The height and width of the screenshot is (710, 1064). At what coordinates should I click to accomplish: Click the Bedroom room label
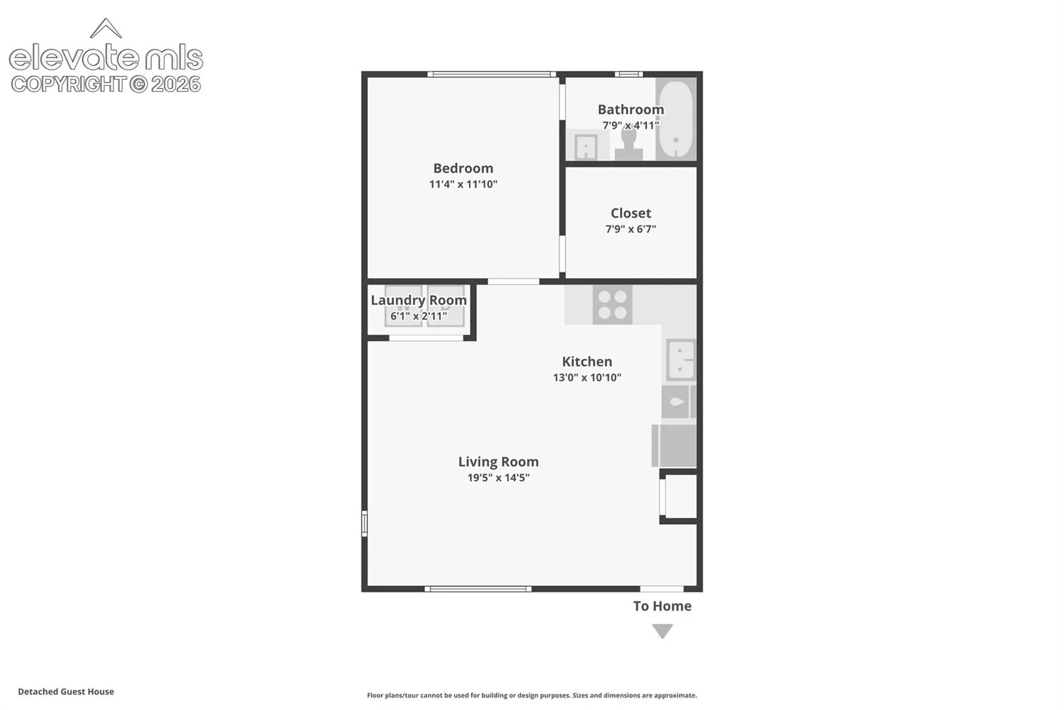(463, 168)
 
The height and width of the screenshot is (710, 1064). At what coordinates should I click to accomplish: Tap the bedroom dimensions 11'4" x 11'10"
(463, 184)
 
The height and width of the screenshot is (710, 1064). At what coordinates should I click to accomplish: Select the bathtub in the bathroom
(676, 119)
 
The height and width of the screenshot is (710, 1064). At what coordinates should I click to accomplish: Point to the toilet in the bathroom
(629, 143)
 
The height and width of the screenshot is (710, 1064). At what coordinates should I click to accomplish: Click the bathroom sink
(586, 147)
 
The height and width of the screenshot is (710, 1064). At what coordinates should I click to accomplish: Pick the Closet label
(631, 213)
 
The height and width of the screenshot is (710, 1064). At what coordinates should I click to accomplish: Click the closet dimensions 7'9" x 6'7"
(631, 229)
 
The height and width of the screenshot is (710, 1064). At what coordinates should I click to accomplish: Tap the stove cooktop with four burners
(612, 305)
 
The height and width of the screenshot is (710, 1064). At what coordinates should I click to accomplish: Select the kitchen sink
(681, 360)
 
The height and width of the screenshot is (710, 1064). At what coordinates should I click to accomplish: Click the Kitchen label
(587, 362)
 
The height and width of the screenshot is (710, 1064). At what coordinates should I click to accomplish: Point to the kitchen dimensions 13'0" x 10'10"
(587, 377)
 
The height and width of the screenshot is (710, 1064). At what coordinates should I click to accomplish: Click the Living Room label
(499, 461)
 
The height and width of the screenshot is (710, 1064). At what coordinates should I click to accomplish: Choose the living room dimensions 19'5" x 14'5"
(499, 477)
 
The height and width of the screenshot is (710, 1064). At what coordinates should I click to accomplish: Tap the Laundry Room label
(418, 300)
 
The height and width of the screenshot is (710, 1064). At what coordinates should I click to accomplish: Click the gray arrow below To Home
(662, 631)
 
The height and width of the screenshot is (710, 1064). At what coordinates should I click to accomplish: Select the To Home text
(662, 606)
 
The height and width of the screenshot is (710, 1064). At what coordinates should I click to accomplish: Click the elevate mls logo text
(106, 58)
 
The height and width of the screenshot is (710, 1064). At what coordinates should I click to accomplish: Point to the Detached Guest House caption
(66, 692)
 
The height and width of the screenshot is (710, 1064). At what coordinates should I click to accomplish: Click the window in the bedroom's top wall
(491, 74)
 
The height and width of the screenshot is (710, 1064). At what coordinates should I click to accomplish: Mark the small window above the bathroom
(629, 74)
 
